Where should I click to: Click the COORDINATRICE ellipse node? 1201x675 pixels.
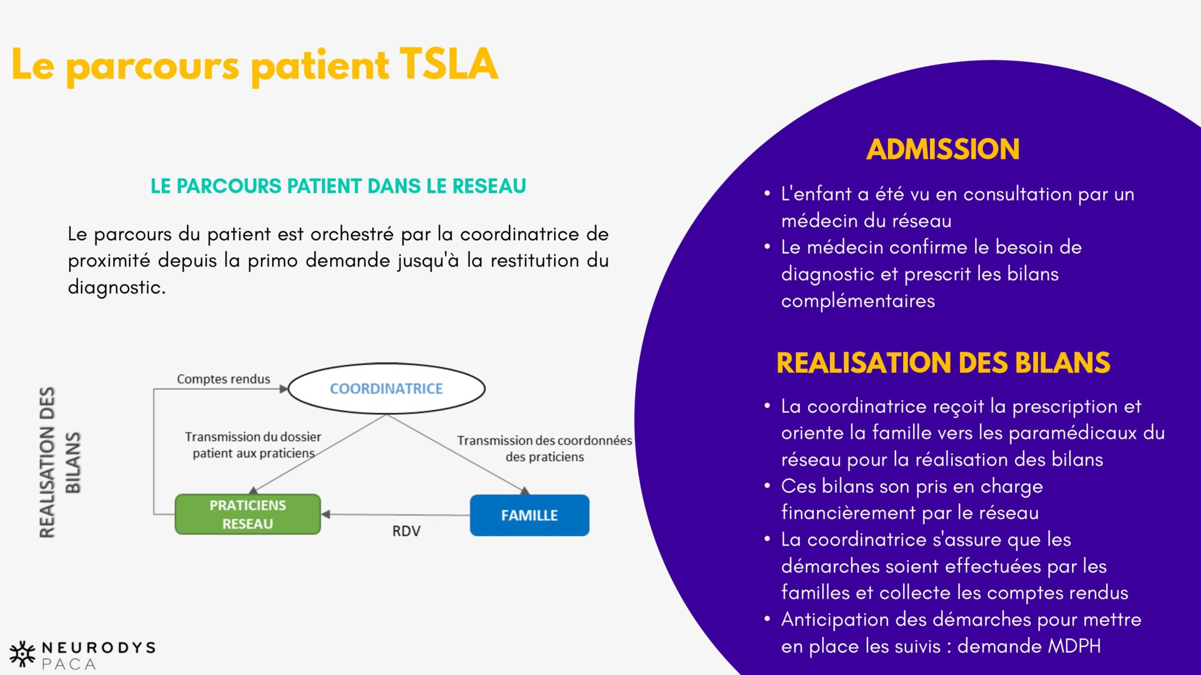coord(386,388)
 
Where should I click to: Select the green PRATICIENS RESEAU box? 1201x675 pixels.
coord(247,514)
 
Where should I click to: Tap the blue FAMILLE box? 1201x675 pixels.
coord(530,515)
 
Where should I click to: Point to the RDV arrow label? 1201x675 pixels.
coord(406,531)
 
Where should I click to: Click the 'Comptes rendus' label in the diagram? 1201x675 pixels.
coord(223,379)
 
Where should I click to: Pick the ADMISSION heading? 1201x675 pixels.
coord(943,149)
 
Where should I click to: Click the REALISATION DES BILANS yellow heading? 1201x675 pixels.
coord(943,363)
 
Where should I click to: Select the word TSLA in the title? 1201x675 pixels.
coord(449,64)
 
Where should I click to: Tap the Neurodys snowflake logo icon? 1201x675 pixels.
coord(22,654)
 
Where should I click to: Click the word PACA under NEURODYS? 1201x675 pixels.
coord(69,664)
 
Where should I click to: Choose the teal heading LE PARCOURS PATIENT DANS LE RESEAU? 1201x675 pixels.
coord(338,186)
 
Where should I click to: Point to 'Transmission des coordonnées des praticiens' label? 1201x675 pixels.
coord(544,448)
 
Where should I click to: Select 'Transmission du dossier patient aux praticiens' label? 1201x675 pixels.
coord(253,445)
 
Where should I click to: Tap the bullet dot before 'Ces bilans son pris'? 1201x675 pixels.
coord(767,486)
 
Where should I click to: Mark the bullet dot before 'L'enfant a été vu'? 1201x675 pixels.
coord(767,193)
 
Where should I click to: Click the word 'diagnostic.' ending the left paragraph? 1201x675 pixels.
coord(117,287)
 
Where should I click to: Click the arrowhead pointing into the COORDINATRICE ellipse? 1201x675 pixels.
coord(284,388)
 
